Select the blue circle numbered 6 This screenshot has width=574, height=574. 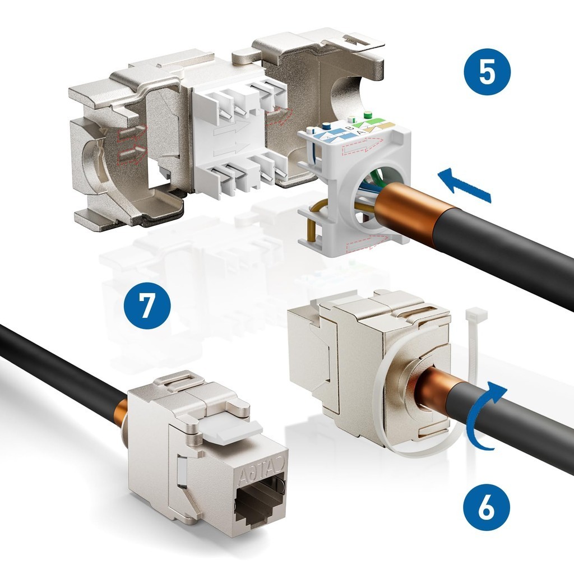click(x=487, y=508)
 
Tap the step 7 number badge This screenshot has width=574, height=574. click(x=147, y=305)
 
